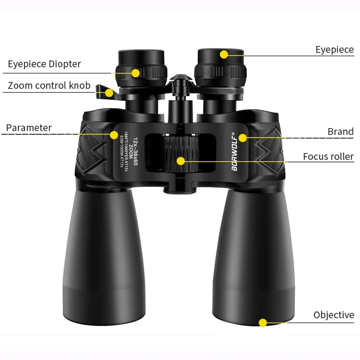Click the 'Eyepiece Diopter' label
[x=44, y=64]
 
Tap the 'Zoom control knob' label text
[x=49, y=85]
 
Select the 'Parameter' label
[x=29, y=128]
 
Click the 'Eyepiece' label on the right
[x=334, y=49]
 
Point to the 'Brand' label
[x=340, y=132]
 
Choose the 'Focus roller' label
[x=328, y=157]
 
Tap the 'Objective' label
[x=333, y=315]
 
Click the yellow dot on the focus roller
[x=181, y=160]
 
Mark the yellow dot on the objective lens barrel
[x=263, y=322]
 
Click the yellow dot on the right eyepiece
[x=224, y=55]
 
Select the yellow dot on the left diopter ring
[x=135, y=72]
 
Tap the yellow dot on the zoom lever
[x=109, y=93]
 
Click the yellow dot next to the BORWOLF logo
[x=243, y=137]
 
